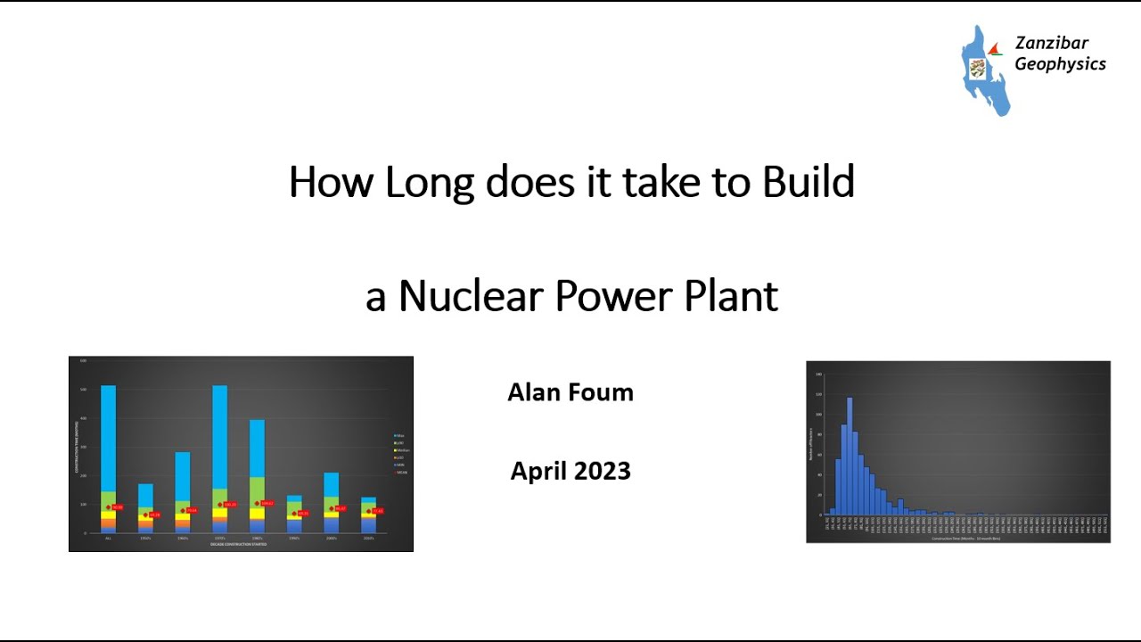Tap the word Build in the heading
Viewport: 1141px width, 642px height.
808,183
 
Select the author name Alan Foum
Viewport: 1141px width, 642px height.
570,392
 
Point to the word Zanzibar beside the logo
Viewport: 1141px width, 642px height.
1051,44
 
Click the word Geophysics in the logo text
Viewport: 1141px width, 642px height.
1060,64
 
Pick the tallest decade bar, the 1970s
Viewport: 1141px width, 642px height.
219,446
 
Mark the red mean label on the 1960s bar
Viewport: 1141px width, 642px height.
191,511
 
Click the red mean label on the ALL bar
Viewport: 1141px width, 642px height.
117,507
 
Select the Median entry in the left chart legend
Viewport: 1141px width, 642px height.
400,450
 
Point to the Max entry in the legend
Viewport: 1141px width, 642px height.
399,436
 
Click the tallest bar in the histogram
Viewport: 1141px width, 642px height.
850,455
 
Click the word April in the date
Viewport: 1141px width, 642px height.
537,471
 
